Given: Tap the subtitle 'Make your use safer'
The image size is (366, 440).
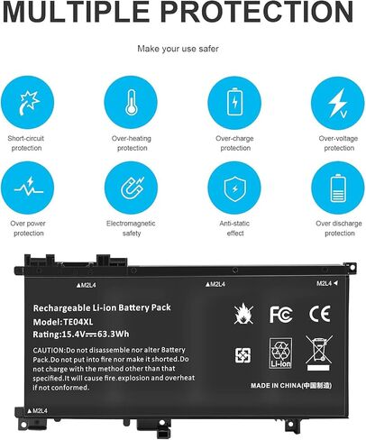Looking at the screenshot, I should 183,50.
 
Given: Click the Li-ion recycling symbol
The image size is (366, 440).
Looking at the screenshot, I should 280,353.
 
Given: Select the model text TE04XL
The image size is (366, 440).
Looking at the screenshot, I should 86,322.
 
